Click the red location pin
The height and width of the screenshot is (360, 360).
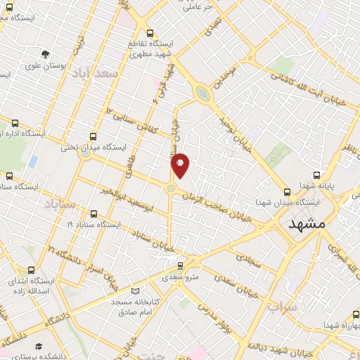(x=181, y=165)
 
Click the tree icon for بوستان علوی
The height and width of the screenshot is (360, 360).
(x=46, y=54)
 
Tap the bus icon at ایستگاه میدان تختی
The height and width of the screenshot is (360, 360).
(x=94, y=136)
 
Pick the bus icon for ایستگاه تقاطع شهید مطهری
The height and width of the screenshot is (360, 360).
(x=149, y=32)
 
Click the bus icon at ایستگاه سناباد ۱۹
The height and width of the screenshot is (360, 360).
(x=94, y=214)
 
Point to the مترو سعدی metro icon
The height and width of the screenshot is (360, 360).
(x=181, y=265)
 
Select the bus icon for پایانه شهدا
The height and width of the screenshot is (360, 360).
(x=317, y=174)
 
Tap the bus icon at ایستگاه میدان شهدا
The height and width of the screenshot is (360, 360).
(x=287, y=191)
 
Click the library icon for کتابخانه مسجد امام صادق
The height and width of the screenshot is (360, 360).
(x=135, y=290)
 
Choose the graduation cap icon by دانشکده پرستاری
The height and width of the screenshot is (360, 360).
(x=39, y=347)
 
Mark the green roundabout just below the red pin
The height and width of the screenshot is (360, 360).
(x=171, y=188)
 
